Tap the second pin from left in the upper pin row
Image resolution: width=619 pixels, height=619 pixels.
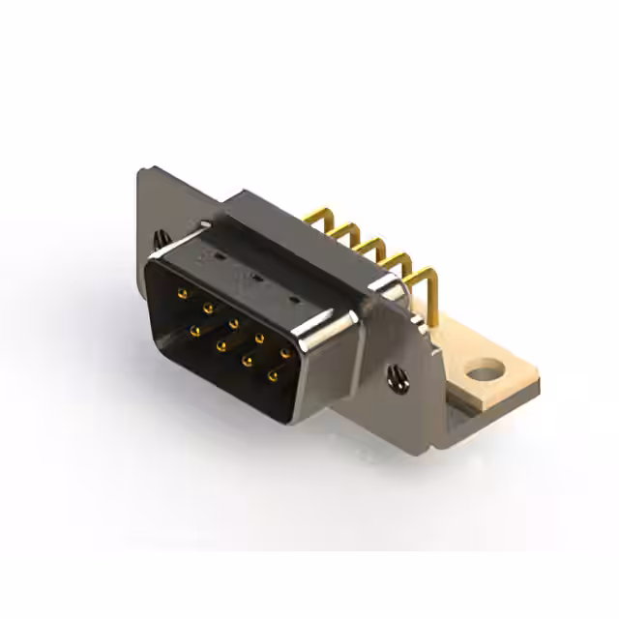click(207, 307)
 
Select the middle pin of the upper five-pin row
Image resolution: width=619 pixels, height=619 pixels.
click(234, 323)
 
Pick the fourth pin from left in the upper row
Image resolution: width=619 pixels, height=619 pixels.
click(260, 339)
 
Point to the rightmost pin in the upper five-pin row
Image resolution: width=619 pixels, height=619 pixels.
click(285, 353)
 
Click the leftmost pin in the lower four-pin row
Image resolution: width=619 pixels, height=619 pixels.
click(195, 331)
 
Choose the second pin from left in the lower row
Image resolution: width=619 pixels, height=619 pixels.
click(221, 345)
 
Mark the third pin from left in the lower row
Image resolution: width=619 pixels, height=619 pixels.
click(248, 361)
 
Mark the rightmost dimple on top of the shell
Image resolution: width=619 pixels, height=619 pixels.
click(293, 299)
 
